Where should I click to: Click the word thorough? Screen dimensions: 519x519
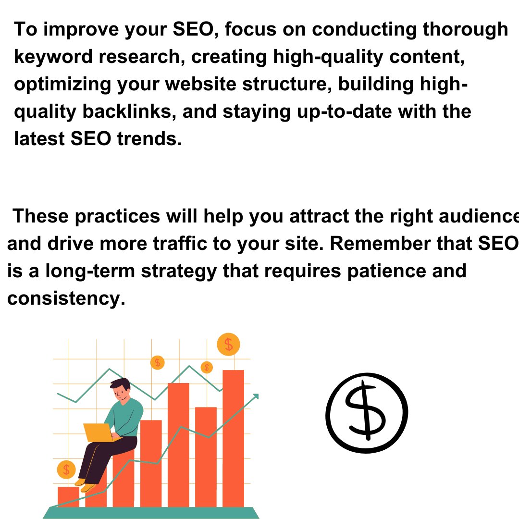pos(465,30)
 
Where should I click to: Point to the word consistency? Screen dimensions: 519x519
pos(66,299)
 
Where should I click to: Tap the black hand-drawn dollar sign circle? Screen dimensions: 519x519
pos(366,412)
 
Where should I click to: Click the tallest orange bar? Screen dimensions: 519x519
pos(233,437)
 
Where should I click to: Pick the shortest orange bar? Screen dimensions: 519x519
pos(68,496)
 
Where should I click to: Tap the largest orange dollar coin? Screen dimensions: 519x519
pos(228,344)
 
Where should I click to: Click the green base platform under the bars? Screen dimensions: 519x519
pos(151,513)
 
